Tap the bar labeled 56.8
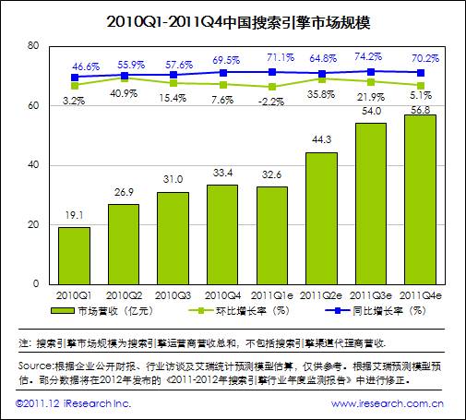click(420, 198)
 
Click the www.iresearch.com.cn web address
click(392, 403)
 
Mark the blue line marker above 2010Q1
click(74, 78)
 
